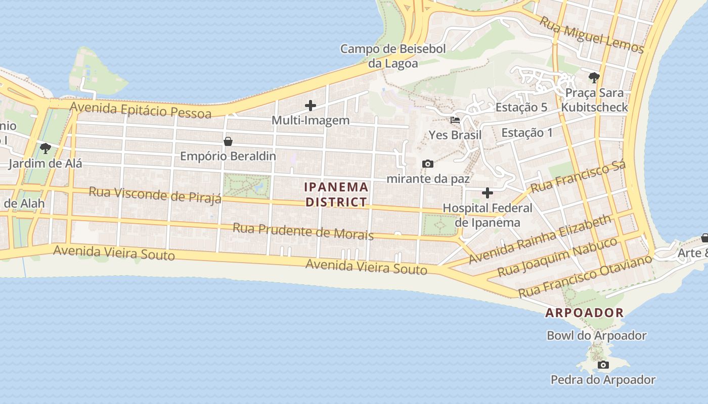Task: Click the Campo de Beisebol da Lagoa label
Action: (x=393, y=56)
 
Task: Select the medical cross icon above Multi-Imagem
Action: (x=311, y=106)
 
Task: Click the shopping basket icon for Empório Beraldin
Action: (x=228, y=141)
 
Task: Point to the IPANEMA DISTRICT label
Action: (x=336, y=194)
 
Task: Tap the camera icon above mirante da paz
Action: (x=428, y=164)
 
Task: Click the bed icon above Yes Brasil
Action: (x=455, y=120)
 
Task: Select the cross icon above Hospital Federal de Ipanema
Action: (x=488, y=193)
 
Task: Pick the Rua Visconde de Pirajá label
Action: (x=155, y=194)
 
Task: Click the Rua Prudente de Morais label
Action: (x=303, y=231)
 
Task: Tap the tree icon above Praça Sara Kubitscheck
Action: (x=594, y=78)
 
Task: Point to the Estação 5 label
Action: (x=521, y=107)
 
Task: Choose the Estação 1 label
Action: (x=527, y=133)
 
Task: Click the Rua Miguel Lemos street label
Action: (x=591, y=35)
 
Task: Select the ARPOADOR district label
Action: (x=584, y=313)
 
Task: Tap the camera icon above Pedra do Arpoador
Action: (x=603, y=365)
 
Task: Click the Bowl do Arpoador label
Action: (x=597, y=335)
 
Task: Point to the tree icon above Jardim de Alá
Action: (x=46, y=148)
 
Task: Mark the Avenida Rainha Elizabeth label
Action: (x=540, y=240)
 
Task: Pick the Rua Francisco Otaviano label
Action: (x=585, y=277)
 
